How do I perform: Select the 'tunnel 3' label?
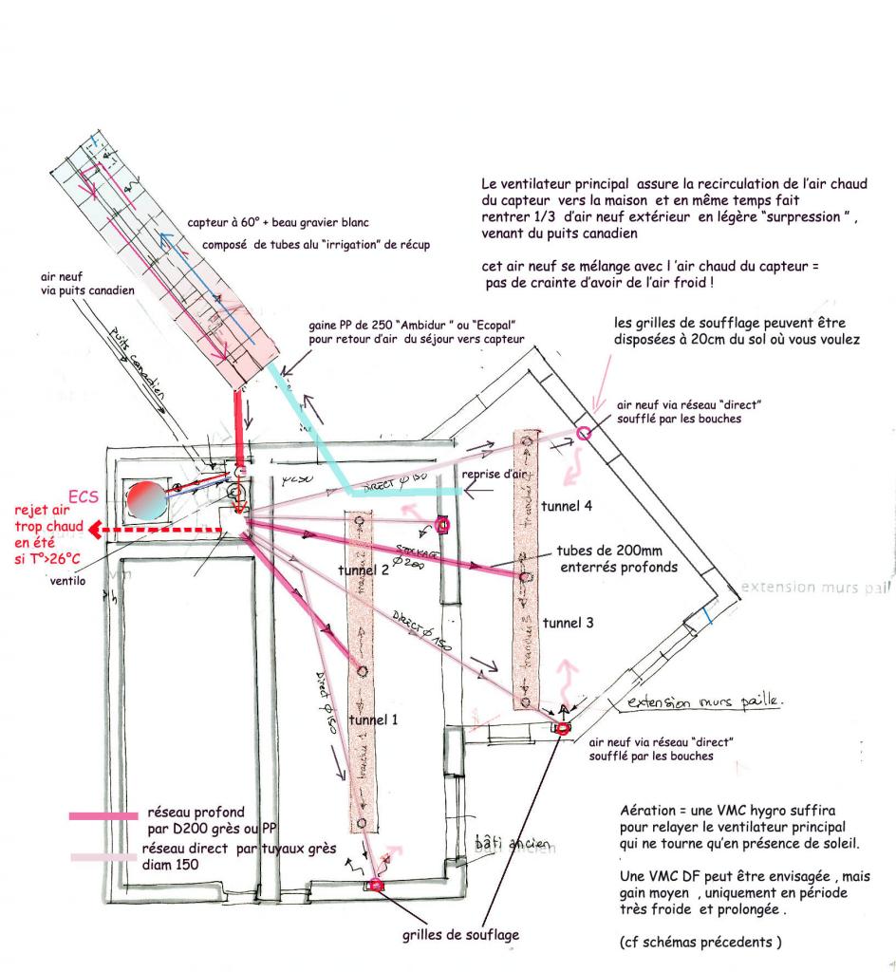click(569, 623)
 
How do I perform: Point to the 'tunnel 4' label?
click(569, 507)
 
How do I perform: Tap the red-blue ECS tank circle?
click(148, 499)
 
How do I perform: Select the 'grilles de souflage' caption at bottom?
click(461, 935)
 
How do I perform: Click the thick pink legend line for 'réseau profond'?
click(103, 814)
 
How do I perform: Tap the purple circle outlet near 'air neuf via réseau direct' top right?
click(584, 434)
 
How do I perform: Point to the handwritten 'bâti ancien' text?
click(500, 841)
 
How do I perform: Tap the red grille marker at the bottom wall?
click(376, 886)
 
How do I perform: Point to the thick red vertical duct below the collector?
click(238, 427)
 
